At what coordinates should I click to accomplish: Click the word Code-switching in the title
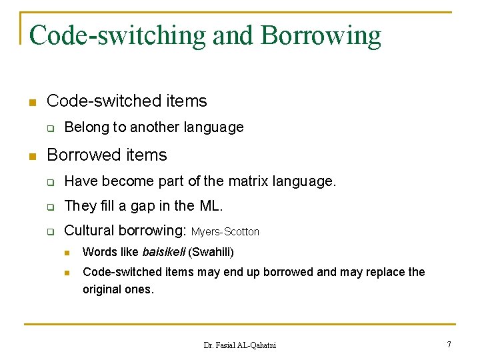tap(117, 35)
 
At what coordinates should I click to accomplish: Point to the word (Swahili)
tap(211, 252)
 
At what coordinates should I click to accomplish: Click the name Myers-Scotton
tap(225, 232)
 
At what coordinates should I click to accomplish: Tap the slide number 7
tap(449, 344)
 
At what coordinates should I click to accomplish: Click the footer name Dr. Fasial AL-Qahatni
tap(239, 345)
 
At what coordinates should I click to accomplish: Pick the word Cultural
tap(90, 231)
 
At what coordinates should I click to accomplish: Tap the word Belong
tap(86, 127)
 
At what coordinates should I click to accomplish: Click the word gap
tap(143, 207)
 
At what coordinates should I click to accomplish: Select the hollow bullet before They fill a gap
tap(49, 207)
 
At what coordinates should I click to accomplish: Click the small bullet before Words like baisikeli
tap(67, 253)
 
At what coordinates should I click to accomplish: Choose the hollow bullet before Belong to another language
tap(49, 127)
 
